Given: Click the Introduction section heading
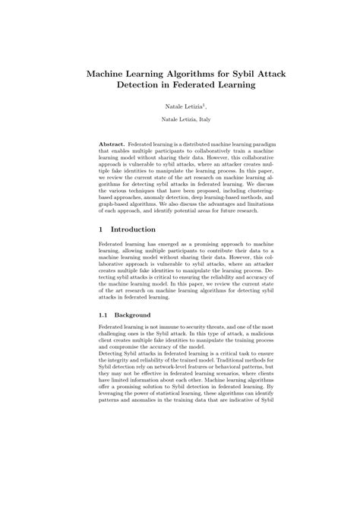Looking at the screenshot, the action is (133, 229).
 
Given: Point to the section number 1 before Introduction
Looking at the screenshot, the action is (101, 229).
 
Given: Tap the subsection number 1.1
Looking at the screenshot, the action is (105, 315).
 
